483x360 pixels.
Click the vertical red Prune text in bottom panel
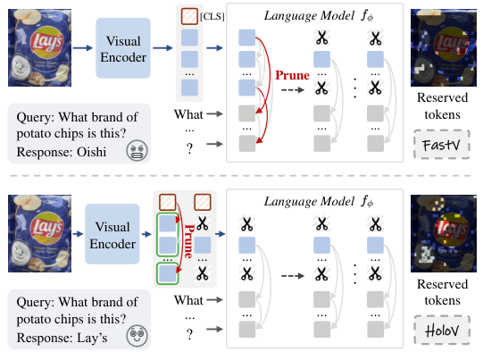pos(189,236)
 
